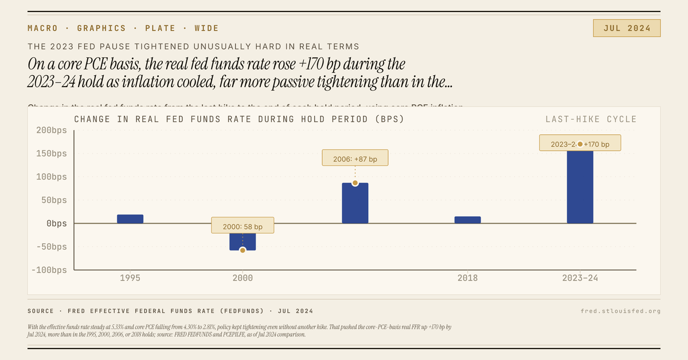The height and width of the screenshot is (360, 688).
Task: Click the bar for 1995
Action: [x=130, y=219]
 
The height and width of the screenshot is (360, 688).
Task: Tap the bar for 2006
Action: [x=355, y=204]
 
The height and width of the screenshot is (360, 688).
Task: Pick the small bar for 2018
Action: [x=467, y=220]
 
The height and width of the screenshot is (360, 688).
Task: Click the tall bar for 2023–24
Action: [x=580, y=186]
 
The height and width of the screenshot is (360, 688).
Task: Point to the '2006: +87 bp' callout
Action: [x=355, y=158]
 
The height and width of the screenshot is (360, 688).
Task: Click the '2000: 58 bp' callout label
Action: [x=243, y=225]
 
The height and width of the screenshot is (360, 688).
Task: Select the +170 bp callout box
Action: [x=580, y=143]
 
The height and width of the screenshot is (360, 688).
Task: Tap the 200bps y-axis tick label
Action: [x=52, y=130]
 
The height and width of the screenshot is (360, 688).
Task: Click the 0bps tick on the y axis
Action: [x=56, y=223]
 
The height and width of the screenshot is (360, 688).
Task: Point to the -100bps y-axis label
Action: [x=49, y=270]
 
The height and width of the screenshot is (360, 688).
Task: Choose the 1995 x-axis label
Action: [x=130, y=278]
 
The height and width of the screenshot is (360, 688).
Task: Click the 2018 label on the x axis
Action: [x=467, y=278]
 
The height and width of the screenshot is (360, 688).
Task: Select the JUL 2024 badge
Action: [x=627, y=28]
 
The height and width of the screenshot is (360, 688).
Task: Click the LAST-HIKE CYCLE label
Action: [x=591, y=119]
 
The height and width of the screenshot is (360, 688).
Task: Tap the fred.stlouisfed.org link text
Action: [x=620, y=311]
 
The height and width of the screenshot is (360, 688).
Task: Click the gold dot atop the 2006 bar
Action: [x=355, y=183]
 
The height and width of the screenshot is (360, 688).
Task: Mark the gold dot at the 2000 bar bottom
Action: [x=243, y=250]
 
